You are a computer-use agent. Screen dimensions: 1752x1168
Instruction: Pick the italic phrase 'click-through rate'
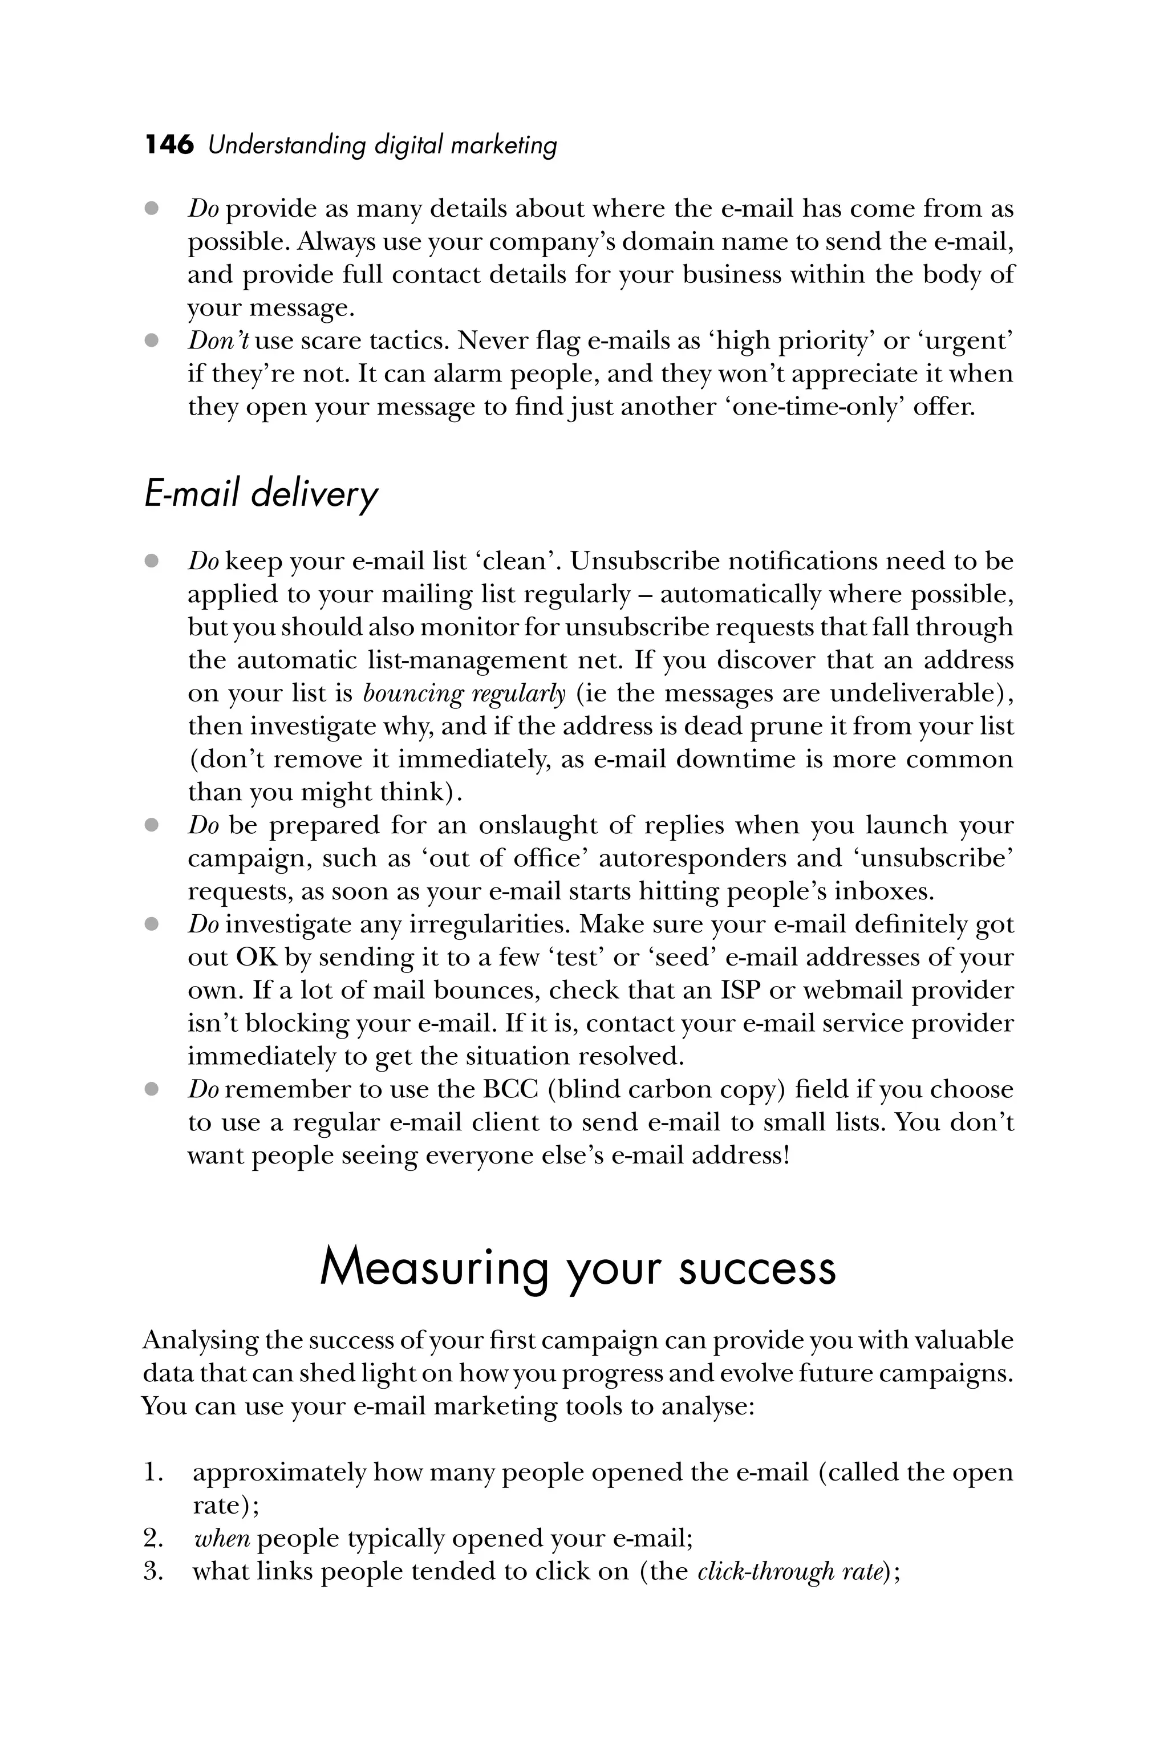789,1571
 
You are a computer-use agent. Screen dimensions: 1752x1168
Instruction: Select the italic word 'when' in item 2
221,1538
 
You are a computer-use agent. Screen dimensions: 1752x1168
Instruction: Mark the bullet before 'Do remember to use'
152,1090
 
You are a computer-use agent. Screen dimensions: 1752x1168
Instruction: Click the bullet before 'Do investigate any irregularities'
152,924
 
